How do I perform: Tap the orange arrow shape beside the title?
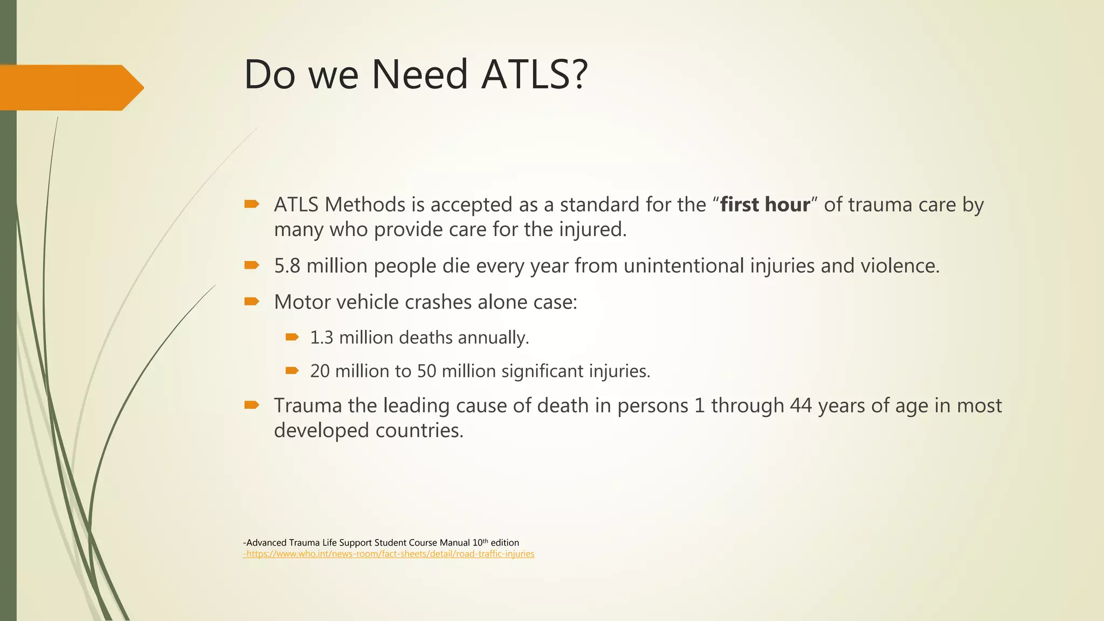click(x=70, y=88)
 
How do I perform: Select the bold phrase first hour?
click(x=765, y=205)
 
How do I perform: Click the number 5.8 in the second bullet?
click(x=287, y=266)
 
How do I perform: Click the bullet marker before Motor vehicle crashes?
click(x=252, y=301)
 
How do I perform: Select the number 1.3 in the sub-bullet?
click(x=321, y=337)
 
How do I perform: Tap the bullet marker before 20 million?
click(x=292, y=370)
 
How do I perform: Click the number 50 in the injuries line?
click(x=426, y=371)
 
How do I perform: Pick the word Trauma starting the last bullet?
click(x=308, y=405)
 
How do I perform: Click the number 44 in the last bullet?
click(x=801, y=405)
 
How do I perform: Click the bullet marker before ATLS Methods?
click(x=252, y=204)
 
